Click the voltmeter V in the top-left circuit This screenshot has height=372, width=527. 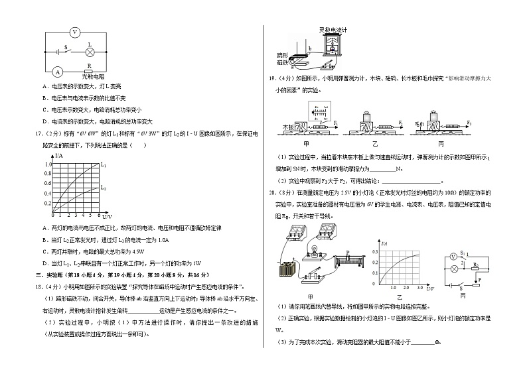74,31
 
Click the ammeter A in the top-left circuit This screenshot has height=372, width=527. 58,72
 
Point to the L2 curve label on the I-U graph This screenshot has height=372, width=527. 103,188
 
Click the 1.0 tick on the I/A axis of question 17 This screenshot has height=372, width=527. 47,164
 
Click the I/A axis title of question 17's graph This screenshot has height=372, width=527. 59,155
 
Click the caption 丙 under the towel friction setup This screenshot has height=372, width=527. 441,143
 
